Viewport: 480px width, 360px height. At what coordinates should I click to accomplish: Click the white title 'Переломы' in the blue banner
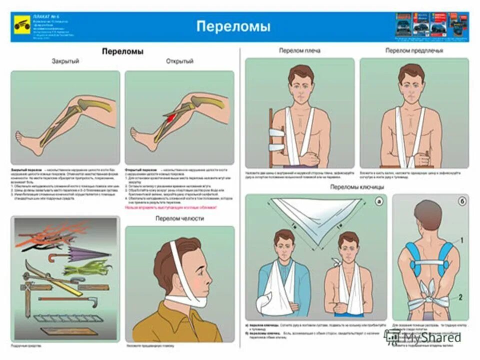coord(233,26)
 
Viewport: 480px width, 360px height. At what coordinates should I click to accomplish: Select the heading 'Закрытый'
coord(65,61)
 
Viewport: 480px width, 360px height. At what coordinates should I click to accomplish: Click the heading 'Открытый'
coord(179,61)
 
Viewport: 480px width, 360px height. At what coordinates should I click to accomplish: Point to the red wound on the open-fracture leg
coord(171,118)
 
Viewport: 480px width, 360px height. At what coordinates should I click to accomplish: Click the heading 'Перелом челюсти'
coord(179,218)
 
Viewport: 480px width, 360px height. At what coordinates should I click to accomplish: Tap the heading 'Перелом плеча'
coord(299,50)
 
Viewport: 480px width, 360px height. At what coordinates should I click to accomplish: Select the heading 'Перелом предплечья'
coord(414,50)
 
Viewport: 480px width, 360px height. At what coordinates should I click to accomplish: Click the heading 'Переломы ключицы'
coord(357,186)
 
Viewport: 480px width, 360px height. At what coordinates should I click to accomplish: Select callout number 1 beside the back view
coord(461,240)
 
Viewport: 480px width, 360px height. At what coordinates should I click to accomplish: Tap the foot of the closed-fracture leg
coord(25,136)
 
